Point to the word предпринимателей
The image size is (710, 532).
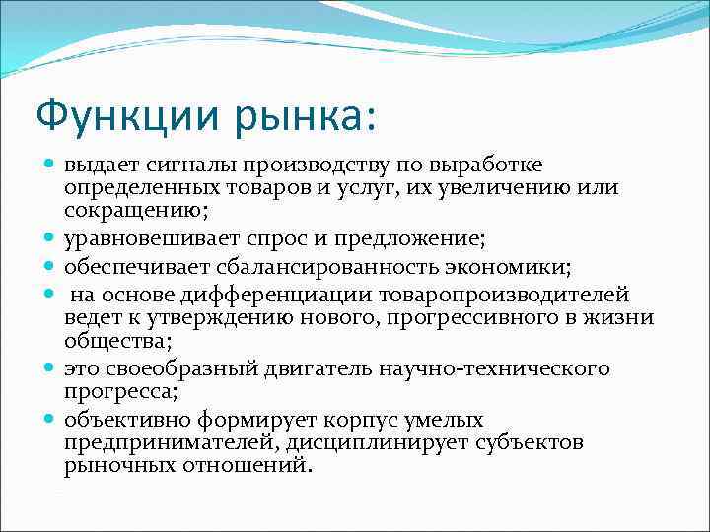pyautogui.click(x=165, y=442)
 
